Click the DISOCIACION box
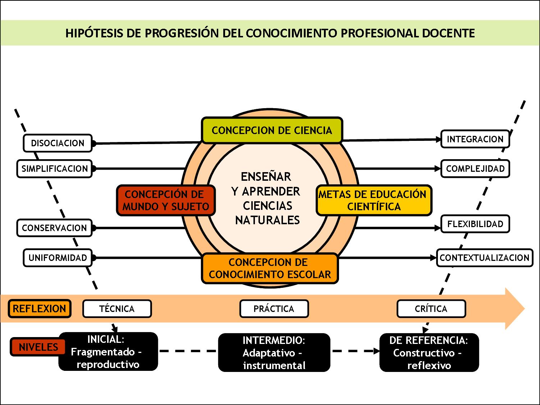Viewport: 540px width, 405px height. pyautogui.click(x=58, y=143)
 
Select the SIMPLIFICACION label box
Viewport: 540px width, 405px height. pyautogui.click(x=54, y=169)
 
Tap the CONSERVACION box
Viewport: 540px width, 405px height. pyautogui.click(x=54, y=228)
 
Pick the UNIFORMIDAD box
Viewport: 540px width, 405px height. pyautogui.click(x=58, y=258)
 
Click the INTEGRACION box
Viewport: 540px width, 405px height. pyautogui.click(x=475, y=139)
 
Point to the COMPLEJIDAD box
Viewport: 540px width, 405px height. pyautogui.click(x=475, y=169)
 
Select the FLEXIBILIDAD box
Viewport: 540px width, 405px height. pyautogui.click(x=475, y=224)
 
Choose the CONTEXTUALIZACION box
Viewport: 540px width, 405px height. pyautogui.click(x=484, y=258)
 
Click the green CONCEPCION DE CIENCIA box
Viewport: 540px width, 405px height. pyautogui.click(x=271, y=130)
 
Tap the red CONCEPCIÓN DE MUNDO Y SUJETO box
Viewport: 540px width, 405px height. pyautogui.click(x=165, y=200)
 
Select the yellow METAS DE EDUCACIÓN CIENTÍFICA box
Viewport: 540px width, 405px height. pyautogui.click(x=373, y=200)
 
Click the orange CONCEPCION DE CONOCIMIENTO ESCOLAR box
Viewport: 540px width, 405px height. pyautogui.click(x=270, y=268)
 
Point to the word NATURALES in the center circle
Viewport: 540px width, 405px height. pyautogui.click(x=267, y=220)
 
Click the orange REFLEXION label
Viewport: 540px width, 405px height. pyautogui.click(x=39, y=309)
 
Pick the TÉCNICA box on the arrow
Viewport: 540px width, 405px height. pyautogui.click(x=117, y=309)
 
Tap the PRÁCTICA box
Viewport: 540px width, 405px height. pyautogui.click(x=274, y=309)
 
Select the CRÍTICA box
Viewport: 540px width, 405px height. pyautogui.click(x=431, y=309)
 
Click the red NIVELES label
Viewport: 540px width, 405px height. pyautogui.click(x=38, y=347)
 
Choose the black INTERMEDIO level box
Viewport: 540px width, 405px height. pyautogui.click(x=274, y=353)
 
